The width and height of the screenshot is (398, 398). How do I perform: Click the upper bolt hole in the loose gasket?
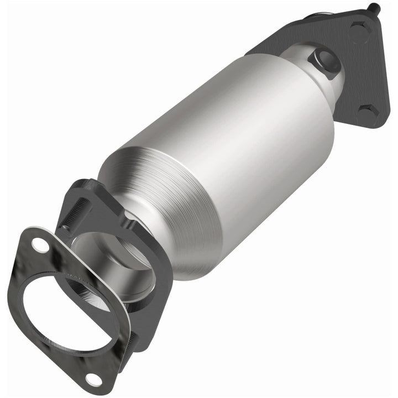pyautogui.click(x=39, y=243)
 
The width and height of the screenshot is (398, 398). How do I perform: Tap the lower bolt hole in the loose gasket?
pyautogui.click(x=93, y=379)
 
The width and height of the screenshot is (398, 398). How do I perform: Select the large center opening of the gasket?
pyautogui.click(x=66, y=310)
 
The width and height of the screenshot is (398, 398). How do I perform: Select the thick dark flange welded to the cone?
pyautogui.click(x=149, y=260)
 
